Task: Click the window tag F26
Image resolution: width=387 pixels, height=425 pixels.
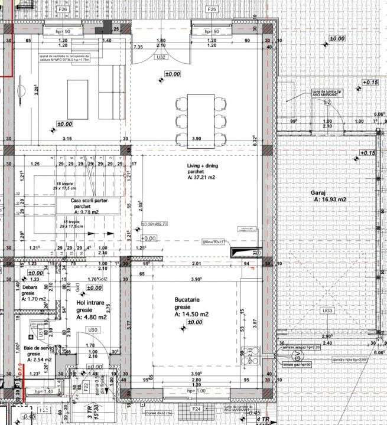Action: pyautogui.click(x=63, y=10)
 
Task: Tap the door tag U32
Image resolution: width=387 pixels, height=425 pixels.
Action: pyautogui.click(x=160, y=58)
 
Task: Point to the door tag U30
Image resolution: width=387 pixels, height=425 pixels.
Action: pyautogui.click(x=92, y=329)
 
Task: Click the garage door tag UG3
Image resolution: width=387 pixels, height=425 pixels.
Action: pyautogui.click(x=328, y=310)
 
